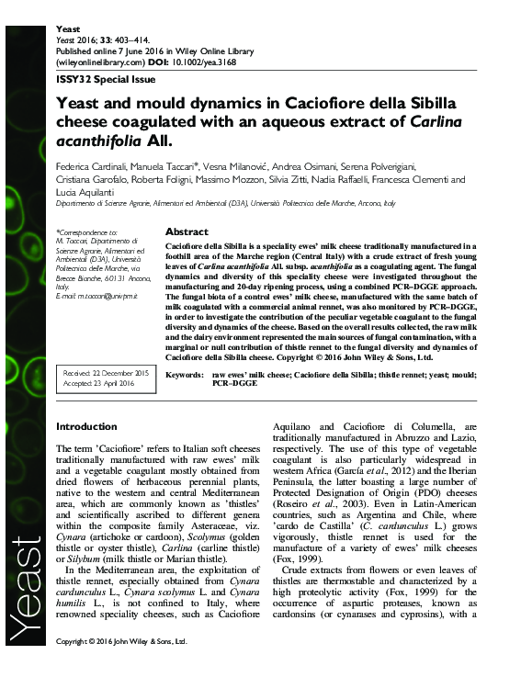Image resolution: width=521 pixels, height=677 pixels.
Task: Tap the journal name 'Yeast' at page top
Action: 69,29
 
